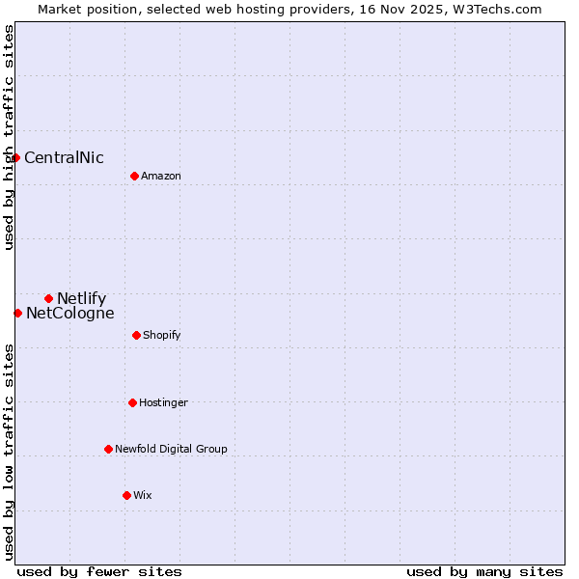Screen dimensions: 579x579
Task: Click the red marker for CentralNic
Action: pos(16,158)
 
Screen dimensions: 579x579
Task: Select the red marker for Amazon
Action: pos(134,176)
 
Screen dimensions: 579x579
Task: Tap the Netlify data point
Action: pos(48,299)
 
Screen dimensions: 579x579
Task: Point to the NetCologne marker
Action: pos(17,313)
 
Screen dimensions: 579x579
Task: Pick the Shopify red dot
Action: pos(136,335)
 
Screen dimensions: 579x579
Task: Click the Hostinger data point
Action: pos(132,402)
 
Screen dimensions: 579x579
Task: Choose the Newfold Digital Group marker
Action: pos(108,449)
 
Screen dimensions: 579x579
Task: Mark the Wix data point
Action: pos(126,495)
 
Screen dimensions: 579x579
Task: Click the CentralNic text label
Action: pos(64,158)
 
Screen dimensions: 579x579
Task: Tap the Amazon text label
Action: pos(161,176)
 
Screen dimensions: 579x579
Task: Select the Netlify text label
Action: pos(81,299)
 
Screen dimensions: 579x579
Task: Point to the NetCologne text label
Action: pos(69,314)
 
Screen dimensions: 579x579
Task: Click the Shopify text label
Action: pos(162,335)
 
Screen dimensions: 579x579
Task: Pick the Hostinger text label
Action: pos(163,402)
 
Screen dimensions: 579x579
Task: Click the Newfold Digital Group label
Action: pos(171,449)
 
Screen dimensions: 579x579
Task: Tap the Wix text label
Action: pos(143,495)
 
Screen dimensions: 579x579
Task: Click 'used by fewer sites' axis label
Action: pos(99,571)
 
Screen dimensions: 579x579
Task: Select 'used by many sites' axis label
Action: pos(484,571)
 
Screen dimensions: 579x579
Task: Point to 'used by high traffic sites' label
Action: pos(9,138)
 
